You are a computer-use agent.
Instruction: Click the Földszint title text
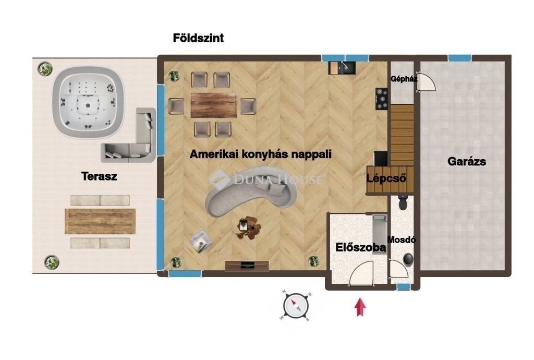(x=198, y=38)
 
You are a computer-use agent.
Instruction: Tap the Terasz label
(x=99, y=176)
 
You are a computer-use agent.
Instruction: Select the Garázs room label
(x=467, y=161)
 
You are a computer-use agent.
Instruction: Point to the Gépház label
(x=404, y=79)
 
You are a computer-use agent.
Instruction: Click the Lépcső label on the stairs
(x=386, y=178)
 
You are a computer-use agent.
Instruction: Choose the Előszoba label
(x=361, y=247)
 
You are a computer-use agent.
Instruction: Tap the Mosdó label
(x=402, y=239)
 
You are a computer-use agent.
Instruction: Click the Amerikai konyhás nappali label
(x=261, y=154)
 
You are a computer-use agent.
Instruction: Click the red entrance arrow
(x=360, y=307)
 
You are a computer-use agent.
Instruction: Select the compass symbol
(x=296, y=306)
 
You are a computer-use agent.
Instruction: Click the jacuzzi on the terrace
(x=88, y=102)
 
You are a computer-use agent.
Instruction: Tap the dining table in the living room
(x=214, y=105)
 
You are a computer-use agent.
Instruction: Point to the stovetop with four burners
(x=381, y=99)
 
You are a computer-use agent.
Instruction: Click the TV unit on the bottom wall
(x=247, y=266)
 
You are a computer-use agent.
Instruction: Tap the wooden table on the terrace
(x=100, y=221)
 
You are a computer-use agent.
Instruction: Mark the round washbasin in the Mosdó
(x=408, y=259)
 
